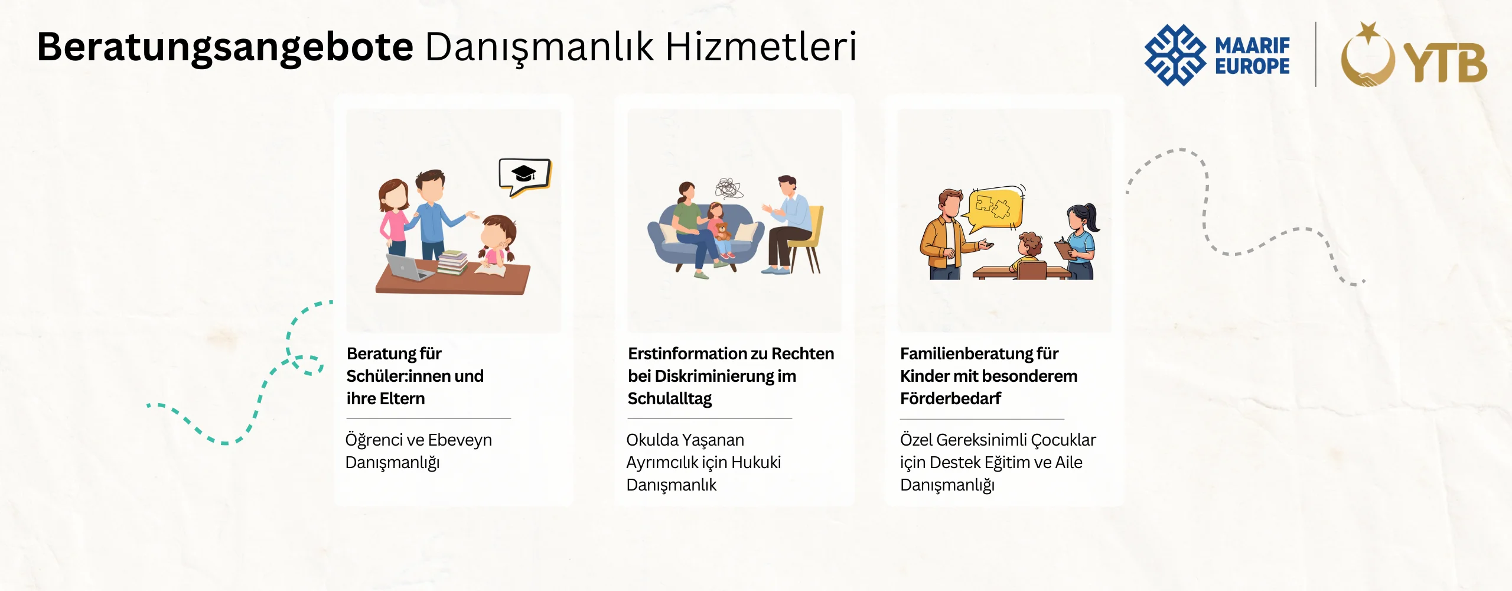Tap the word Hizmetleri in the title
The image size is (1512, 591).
pos(761,47)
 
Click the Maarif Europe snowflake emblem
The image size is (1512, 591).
pos(1175,55)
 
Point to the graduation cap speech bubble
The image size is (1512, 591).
pos(524,176)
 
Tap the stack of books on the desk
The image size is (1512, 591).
pos(453,262)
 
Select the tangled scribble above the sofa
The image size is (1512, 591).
pos(729,189)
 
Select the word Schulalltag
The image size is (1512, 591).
pos(670,399)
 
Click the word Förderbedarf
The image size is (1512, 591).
pos(950,398)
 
